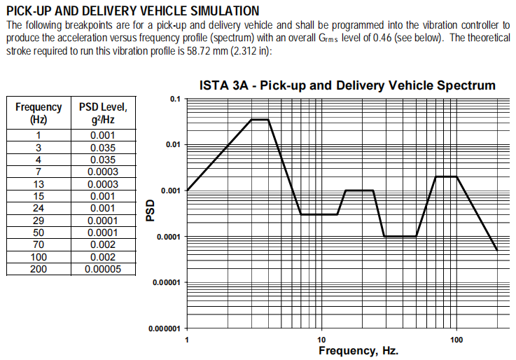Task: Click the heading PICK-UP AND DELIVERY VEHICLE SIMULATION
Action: click(x=132, y=11)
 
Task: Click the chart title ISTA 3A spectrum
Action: click(x=347, y=85)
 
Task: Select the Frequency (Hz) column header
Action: click(x=39, y=113)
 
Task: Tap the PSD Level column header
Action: click(x=103, y=113)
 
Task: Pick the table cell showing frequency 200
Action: click(x=39, y=270)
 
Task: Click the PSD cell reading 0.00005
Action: click(x=103, y=270)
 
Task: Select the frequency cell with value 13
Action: click(x=39, y=184)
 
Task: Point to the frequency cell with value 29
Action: click(x=39, y=220)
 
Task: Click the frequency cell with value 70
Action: click(x=39, y=245)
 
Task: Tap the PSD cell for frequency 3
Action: click(x=103, y=148)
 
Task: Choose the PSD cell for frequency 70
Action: click(x=103, y=245)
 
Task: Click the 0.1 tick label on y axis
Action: click(x=175, y=99)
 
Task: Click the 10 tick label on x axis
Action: click(x=321, y=340)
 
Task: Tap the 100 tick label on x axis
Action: click(x=456, y=340)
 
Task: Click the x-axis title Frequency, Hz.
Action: click(x=358, y=350)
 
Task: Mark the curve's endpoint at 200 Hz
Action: click(x=497, y=250)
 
